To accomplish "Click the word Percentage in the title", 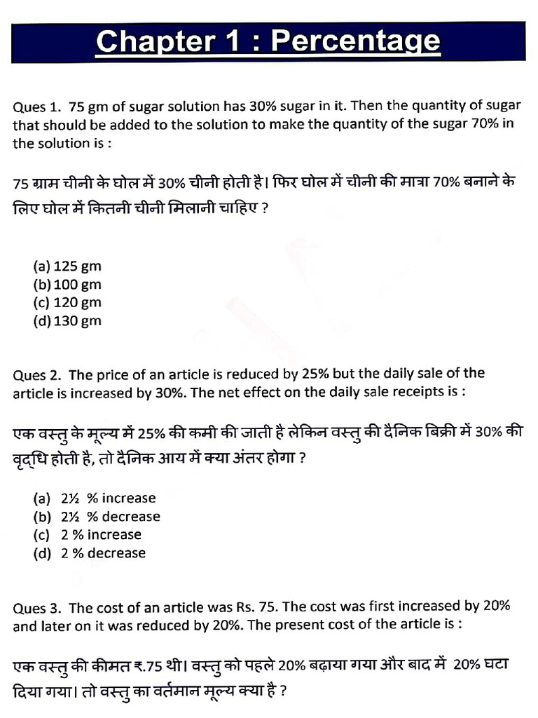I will pyautogui.click(x=355, y=42).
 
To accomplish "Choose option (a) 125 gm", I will pyautogui.click(x=67, y=266).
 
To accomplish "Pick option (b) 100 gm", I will pyautogui.click(x=67, y=285).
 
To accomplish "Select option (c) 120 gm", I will pyautogui.click(x=67, y=303).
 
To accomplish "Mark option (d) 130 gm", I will pyautogui.click(x=67, y=321).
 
